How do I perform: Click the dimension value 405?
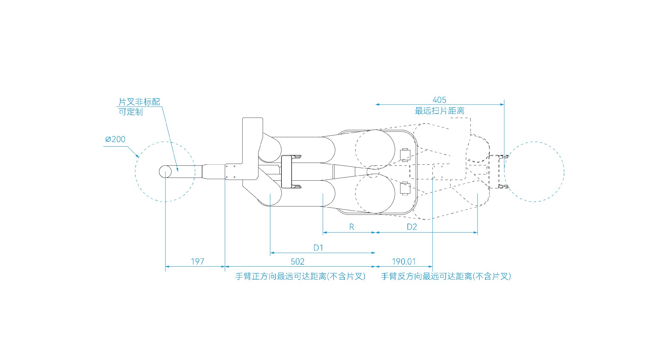pyautogui.click(x=439, y=100)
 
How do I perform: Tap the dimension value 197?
pyautogui.click(x=197, y=261)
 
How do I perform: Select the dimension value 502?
pyautogui.click(x=297, y=261)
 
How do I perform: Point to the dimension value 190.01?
pyautogui.click(x=404, y=261)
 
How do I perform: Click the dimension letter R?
pyautogui.click(x=351, y=227)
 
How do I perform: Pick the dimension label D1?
pyautogui.click(x=318, y=248)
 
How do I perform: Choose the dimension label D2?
pyautogui.click(x=412, y=227)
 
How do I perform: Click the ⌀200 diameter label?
pyautogui.click(x=115, y=139)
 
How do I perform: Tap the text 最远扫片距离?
pyautogui.click(x=439, y=111)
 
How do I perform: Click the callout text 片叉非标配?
pyautogui.click(x=139, y=102)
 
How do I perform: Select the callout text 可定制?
pyautogui.click(x=131, y=112)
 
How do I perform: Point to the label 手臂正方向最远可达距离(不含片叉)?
pyautogui.click(x=300, y=276)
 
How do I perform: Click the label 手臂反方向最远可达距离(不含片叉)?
pyautogui.click(x=446, y=276)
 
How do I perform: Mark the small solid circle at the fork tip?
pyautogui.click(x=166, y=172)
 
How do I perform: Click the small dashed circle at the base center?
pyautogui.click(x=373, y=172)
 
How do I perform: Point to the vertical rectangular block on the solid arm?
pyautogui.click(x=286, y=172)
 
